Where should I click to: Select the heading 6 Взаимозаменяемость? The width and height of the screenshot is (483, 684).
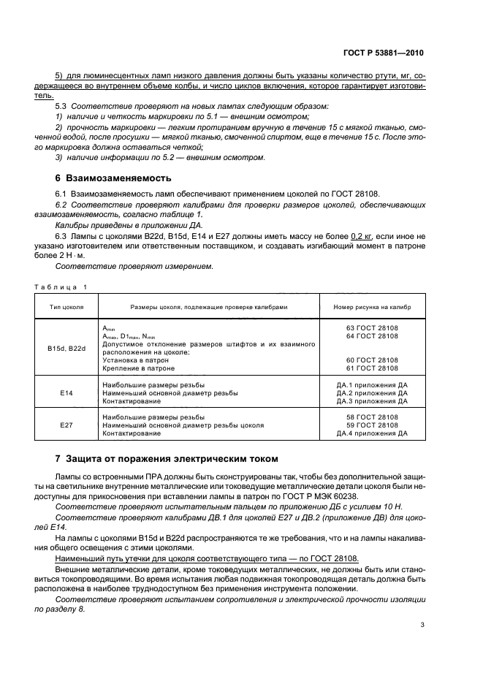pyautogui.click(x=113, y=178)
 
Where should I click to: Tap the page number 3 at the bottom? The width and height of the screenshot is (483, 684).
pyautogui.click(x=422, y=625)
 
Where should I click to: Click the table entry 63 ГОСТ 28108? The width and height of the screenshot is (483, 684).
pyautogui.click(x=371, y=327)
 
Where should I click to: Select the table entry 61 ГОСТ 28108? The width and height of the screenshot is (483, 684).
pyautogui.click(x=371, y=368)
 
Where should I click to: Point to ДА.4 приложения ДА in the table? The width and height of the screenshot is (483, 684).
pyautogui.click(x=371, y=433)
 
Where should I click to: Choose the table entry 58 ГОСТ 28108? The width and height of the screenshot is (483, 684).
pyautogui.click(x=371, y=417)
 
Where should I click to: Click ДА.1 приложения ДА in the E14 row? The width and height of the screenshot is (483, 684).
pyautogui.click(x=371, y=384)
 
